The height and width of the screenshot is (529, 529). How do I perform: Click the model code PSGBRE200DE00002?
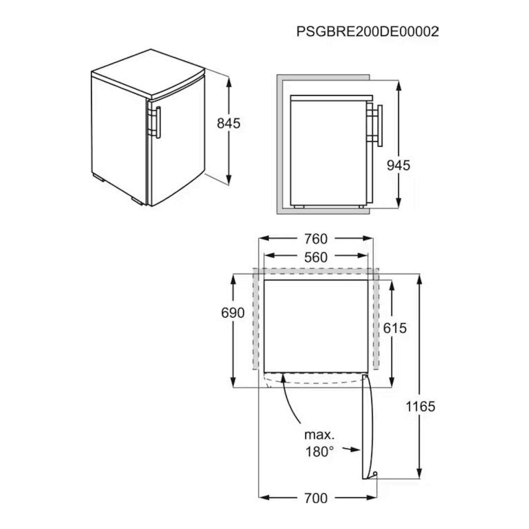tap(368, 32)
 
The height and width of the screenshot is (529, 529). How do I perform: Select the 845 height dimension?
tap(229, 123)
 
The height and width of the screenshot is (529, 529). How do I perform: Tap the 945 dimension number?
tap(399, 165)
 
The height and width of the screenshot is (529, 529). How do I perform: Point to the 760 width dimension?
tap(316, 239)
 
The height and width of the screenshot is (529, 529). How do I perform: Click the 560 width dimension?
tap(316, 257)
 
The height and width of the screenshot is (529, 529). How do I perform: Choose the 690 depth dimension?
tap(233, 313)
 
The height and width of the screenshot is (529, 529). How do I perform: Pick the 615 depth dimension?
tap(395, 328)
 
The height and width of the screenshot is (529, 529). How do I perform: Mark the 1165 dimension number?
tap(420, 407)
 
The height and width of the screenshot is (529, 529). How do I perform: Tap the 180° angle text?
tap(319, 452)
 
